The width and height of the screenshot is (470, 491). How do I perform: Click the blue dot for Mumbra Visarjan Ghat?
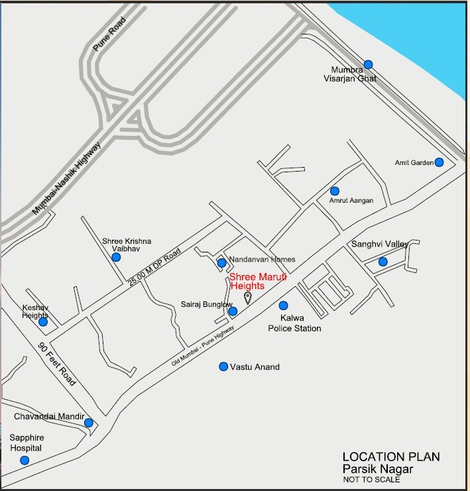(x=368, y=64)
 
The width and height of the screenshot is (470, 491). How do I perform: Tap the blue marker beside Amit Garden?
(x=439, y=162)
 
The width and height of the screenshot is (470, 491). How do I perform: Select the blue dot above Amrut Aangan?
(x=335, y=191)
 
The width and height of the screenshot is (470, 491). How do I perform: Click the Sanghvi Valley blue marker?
(x=382, y=262)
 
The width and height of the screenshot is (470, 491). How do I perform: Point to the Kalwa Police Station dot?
(x=283, y=305)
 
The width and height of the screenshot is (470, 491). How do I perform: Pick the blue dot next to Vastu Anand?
(x=223, y=366)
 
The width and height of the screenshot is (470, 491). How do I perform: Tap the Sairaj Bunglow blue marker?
(x=233, y=311)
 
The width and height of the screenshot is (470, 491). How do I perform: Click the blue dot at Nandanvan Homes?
(x=221, y=263)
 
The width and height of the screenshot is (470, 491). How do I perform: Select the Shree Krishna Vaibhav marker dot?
(x=116, y=257)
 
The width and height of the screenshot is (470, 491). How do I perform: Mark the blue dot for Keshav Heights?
(x=43, y=322)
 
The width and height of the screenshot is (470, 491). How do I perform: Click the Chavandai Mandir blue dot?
(x=88, y=423)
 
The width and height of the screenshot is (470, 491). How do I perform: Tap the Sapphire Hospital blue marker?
(x=25, y=460)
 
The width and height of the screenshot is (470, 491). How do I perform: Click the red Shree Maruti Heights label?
(x=257, y=282)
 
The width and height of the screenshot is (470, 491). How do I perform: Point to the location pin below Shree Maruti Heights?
(x=248, y=298)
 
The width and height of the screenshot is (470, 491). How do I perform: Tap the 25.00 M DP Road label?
(x=154, y=269)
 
